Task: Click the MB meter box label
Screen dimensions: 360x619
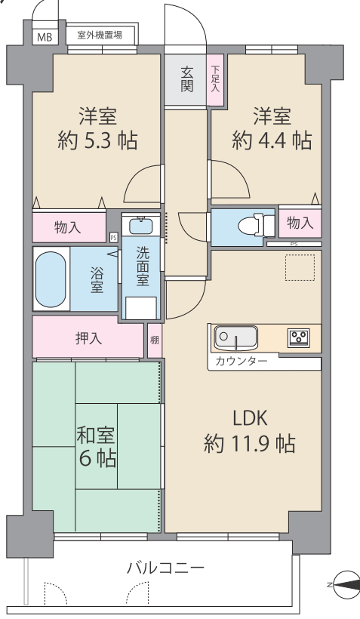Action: [45, 38]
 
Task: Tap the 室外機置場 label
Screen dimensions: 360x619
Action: [100, 35]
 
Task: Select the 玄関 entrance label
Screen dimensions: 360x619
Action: [186, 79]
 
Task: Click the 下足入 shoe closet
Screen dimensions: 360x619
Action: [215, 80]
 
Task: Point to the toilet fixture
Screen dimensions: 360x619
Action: [256, 226]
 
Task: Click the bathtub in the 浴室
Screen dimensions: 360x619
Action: [50, 279]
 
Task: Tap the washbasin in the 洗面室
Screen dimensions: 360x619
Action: [141, 226]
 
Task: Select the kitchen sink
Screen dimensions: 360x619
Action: [235, 338]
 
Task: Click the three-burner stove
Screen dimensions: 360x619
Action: [298, 337]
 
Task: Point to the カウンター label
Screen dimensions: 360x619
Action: [242, 362]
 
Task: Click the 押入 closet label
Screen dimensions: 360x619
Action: [89, 338]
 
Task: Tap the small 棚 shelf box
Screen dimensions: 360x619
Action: [155, 340]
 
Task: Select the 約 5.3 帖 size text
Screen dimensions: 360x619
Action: [98, 140]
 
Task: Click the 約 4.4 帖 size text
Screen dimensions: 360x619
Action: [272, 140]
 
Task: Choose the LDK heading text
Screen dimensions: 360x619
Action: [251, 418]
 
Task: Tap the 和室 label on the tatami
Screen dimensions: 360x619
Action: [96, 435]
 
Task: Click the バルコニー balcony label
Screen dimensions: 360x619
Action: [166, 568]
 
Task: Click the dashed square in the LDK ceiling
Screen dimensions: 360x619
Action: [300, 267]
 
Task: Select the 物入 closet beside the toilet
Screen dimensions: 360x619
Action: [300, 223]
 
